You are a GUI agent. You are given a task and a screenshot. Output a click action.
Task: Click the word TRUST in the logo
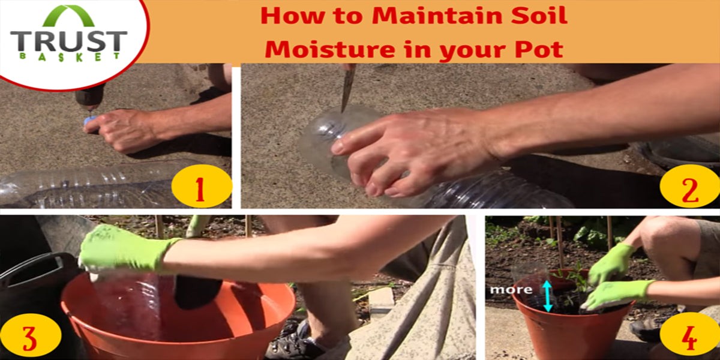pos(69,41)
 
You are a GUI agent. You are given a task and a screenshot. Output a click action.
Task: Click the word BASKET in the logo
pos(70,56)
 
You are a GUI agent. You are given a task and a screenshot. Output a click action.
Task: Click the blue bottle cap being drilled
pos(89,120)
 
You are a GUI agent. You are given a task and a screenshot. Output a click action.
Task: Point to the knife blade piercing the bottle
pos(348,89)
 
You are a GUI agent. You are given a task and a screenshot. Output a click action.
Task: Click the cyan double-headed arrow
pos(547,296)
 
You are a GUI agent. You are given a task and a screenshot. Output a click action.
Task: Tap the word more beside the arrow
pos(511,290)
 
